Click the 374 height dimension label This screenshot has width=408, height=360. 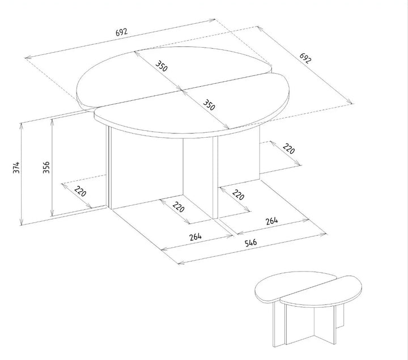tap(17, 168)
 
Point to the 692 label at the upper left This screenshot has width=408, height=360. tap(121, 33)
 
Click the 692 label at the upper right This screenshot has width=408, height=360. tap(305, 59)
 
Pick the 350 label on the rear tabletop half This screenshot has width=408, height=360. tap(162, 67)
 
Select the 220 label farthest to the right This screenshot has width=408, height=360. tap(288, 150)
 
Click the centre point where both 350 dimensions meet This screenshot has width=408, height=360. tap(181, 90)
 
